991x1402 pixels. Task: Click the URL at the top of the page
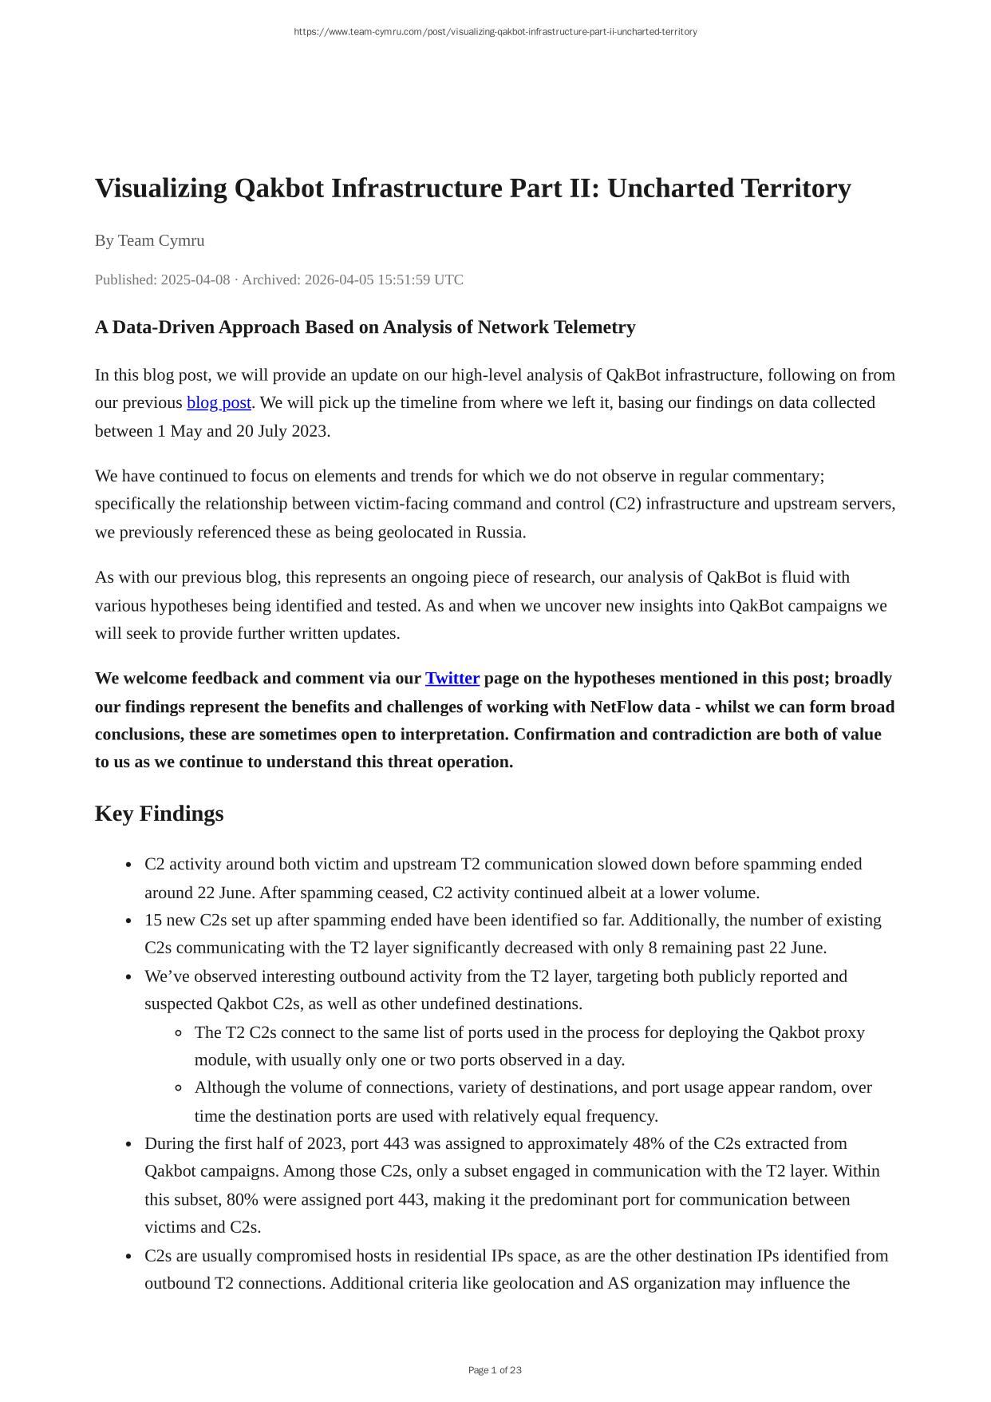click(495, 32)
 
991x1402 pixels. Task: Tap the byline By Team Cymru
click(149, 240)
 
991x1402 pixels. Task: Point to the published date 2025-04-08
click(195, 279)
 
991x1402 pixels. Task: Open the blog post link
click(219, 402)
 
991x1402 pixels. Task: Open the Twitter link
click(452, 679)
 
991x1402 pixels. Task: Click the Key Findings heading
click(159, 814)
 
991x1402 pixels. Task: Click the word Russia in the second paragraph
click(499, 533)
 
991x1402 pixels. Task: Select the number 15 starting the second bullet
click(153, 920)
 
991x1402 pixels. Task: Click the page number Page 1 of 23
click(495, 1370)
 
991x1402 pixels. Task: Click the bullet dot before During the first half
click(128, 1144)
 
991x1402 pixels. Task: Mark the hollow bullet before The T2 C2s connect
click(179, 1032)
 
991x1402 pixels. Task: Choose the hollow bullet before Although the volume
click(179, 1087)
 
